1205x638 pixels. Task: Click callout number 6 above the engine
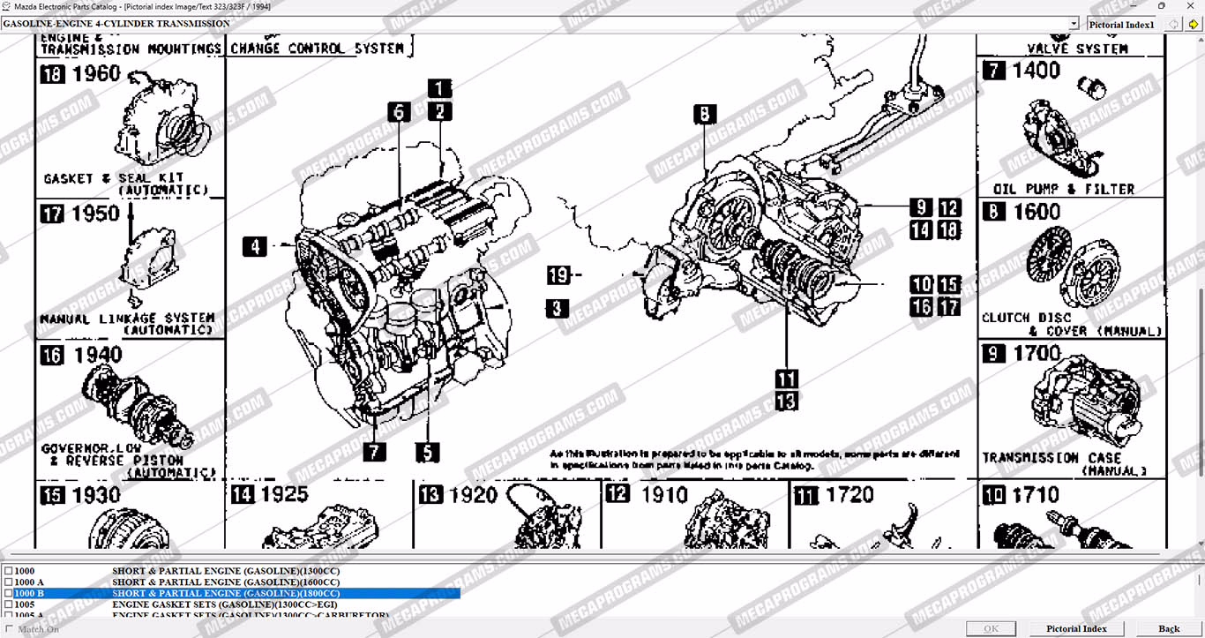click(x=399, y=112)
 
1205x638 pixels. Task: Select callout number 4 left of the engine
click(x=254, y=247)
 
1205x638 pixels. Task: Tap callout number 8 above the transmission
click(x=704, y=114)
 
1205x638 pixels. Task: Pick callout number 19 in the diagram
click(x=558, y=275)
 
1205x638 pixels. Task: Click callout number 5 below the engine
click(x=428, y=453)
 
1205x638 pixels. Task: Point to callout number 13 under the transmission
click(x=786, y=402)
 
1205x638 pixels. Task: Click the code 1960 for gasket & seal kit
click(x=95, y=74)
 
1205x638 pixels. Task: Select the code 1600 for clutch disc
click(x=1037, y=212)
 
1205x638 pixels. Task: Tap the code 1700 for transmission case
click(x=1037, y=353)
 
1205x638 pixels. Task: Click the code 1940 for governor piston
click(x=96, y=355)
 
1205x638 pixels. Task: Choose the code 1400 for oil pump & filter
click(x=1036, y=71)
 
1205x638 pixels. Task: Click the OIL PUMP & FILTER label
click(x=1064, y=189)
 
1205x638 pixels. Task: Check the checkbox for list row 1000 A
click(x=9, y=582)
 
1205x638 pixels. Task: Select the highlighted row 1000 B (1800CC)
click(x=225, y=594)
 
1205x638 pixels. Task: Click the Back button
click(x=1169, y=628)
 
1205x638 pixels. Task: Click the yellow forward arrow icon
click(x=1194, y=24)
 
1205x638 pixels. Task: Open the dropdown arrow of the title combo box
click(x=1074, y=24)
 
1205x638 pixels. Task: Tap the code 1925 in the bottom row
click(x=284, y=495)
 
